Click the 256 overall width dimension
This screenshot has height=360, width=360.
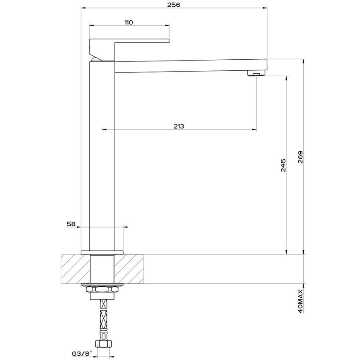(x=174, y=5)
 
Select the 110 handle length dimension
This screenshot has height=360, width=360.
(x=129, y=22)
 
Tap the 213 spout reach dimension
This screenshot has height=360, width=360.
(x=179, y=126)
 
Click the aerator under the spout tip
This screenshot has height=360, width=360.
(x=255, y=74)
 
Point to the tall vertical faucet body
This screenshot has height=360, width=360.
(x=102, y=157)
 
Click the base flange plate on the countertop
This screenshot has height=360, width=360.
(x=102, y=253)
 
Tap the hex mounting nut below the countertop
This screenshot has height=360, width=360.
(x=102, y=290)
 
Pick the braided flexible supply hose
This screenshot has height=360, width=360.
(x=102, y=318)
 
